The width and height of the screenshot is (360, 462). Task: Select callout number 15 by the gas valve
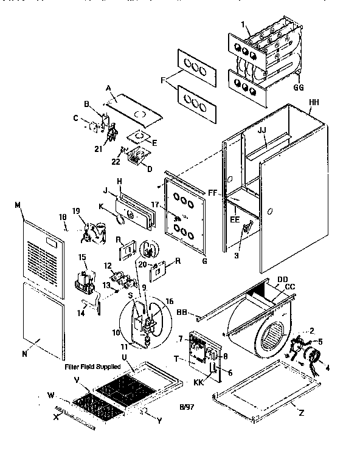[x=82, y=258]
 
